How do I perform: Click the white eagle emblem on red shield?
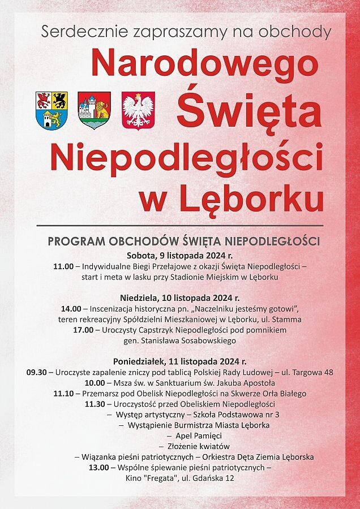tap(138, 110)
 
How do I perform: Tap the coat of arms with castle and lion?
tap(94, 110)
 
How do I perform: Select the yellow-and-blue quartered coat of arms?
tap(52, 110)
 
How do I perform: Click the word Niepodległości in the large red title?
tap(186, 156)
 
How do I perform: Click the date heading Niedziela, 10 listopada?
tap(179, 297)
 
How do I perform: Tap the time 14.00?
tap(71, 308)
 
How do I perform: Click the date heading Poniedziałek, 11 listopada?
tap(179, 361)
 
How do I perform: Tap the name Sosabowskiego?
tap(209, 340)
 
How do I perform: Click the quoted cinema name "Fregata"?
tap(161, 478)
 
